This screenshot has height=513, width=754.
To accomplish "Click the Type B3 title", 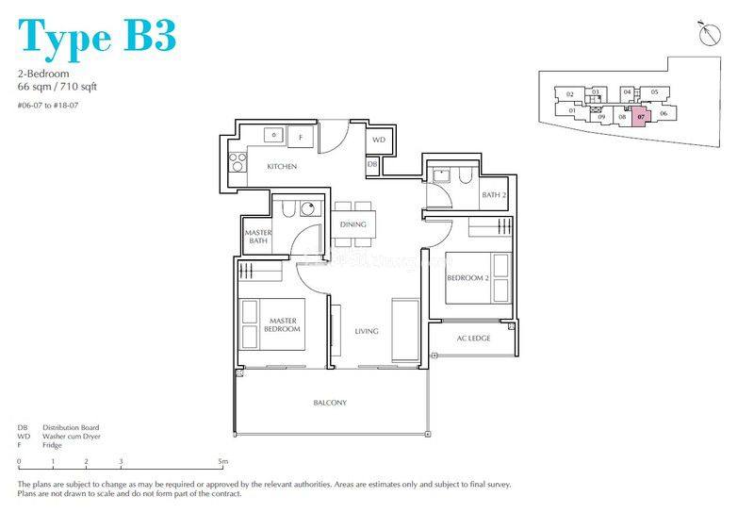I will (x=96, y=35).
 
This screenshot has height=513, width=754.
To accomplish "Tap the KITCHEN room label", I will (x=282, y=167).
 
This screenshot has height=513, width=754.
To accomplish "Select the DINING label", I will (x=352, y=224).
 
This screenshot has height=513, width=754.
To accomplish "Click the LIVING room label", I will (x=367, y=331).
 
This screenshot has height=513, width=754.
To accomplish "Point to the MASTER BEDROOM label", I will (x=283, y=325).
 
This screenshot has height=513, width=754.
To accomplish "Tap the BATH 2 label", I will (x=495, y=195).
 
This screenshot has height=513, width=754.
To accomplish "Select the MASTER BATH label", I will (x=257, y=237).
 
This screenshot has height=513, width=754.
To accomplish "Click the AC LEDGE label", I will (x=473, y=339).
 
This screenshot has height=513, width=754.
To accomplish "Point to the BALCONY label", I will (x=330, y=403).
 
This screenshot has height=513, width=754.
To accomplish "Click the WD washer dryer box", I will (x=379, y=140).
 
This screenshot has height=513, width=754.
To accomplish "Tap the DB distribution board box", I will (x=372, y=166).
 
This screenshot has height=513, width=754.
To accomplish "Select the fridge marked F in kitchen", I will (x=301, y=137).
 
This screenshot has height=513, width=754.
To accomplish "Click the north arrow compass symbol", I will (x=709, y=34).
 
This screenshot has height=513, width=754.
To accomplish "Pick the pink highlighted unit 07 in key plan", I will (x=641, y=118).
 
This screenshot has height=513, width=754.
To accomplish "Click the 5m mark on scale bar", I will (x=222, y=462).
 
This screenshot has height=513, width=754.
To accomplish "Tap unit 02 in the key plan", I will (x=569, y=93).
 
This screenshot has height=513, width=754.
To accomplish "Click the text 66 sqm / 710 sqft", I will (x=57, y=87).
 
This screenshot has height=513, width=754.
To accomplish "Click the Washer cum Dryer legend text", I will (x=71, y=437).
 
